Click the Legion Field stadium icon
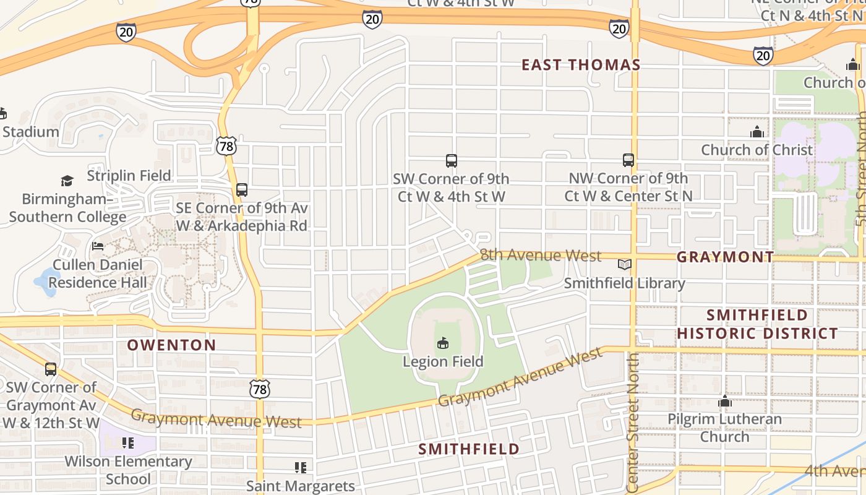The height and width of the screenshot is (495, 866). coord(443,342)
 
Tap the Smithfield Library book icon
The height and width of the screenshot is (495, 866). coord(625,265)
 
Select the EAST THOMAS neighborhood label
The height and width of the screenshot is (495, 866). coord(581,64)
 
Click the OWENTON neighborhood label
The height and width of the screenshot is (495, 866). coord(172,345)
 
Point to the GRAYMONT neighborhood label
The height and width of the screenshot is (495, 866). coord(725,257)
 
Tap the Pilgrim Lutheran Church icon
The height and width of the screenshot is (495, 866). coord(725,402)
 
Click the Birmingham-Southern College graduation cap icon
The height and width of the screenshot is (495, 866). coord(67,181)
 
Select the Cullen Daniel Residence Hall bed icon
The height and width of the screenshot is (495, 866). coord(98,246)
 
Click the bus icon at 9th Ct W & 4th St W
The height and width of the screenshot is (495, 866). coord(452,161)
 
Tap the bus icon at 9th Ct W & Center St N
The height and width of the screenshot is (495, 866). coord(628,161)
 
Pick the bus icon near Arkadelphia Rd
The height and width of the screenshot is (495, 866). coord(242,190)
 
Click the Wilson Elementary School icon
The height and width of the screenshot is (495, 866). coord(128,443)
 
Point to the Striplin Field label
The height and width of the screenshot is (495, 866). coord(129,176)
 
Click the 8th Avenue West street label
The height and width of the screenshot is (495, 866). coord(541,256)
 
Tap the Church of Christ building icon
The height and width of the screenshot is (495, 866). coord(757,132)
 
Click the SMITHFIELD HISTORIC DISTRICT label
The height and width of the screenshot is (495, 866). coord(757,324)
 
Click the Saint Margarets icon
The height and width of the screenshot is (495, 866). coord(301,468)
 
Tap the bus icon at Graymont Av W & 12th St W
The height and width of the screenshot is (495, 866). coord(51,369)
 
